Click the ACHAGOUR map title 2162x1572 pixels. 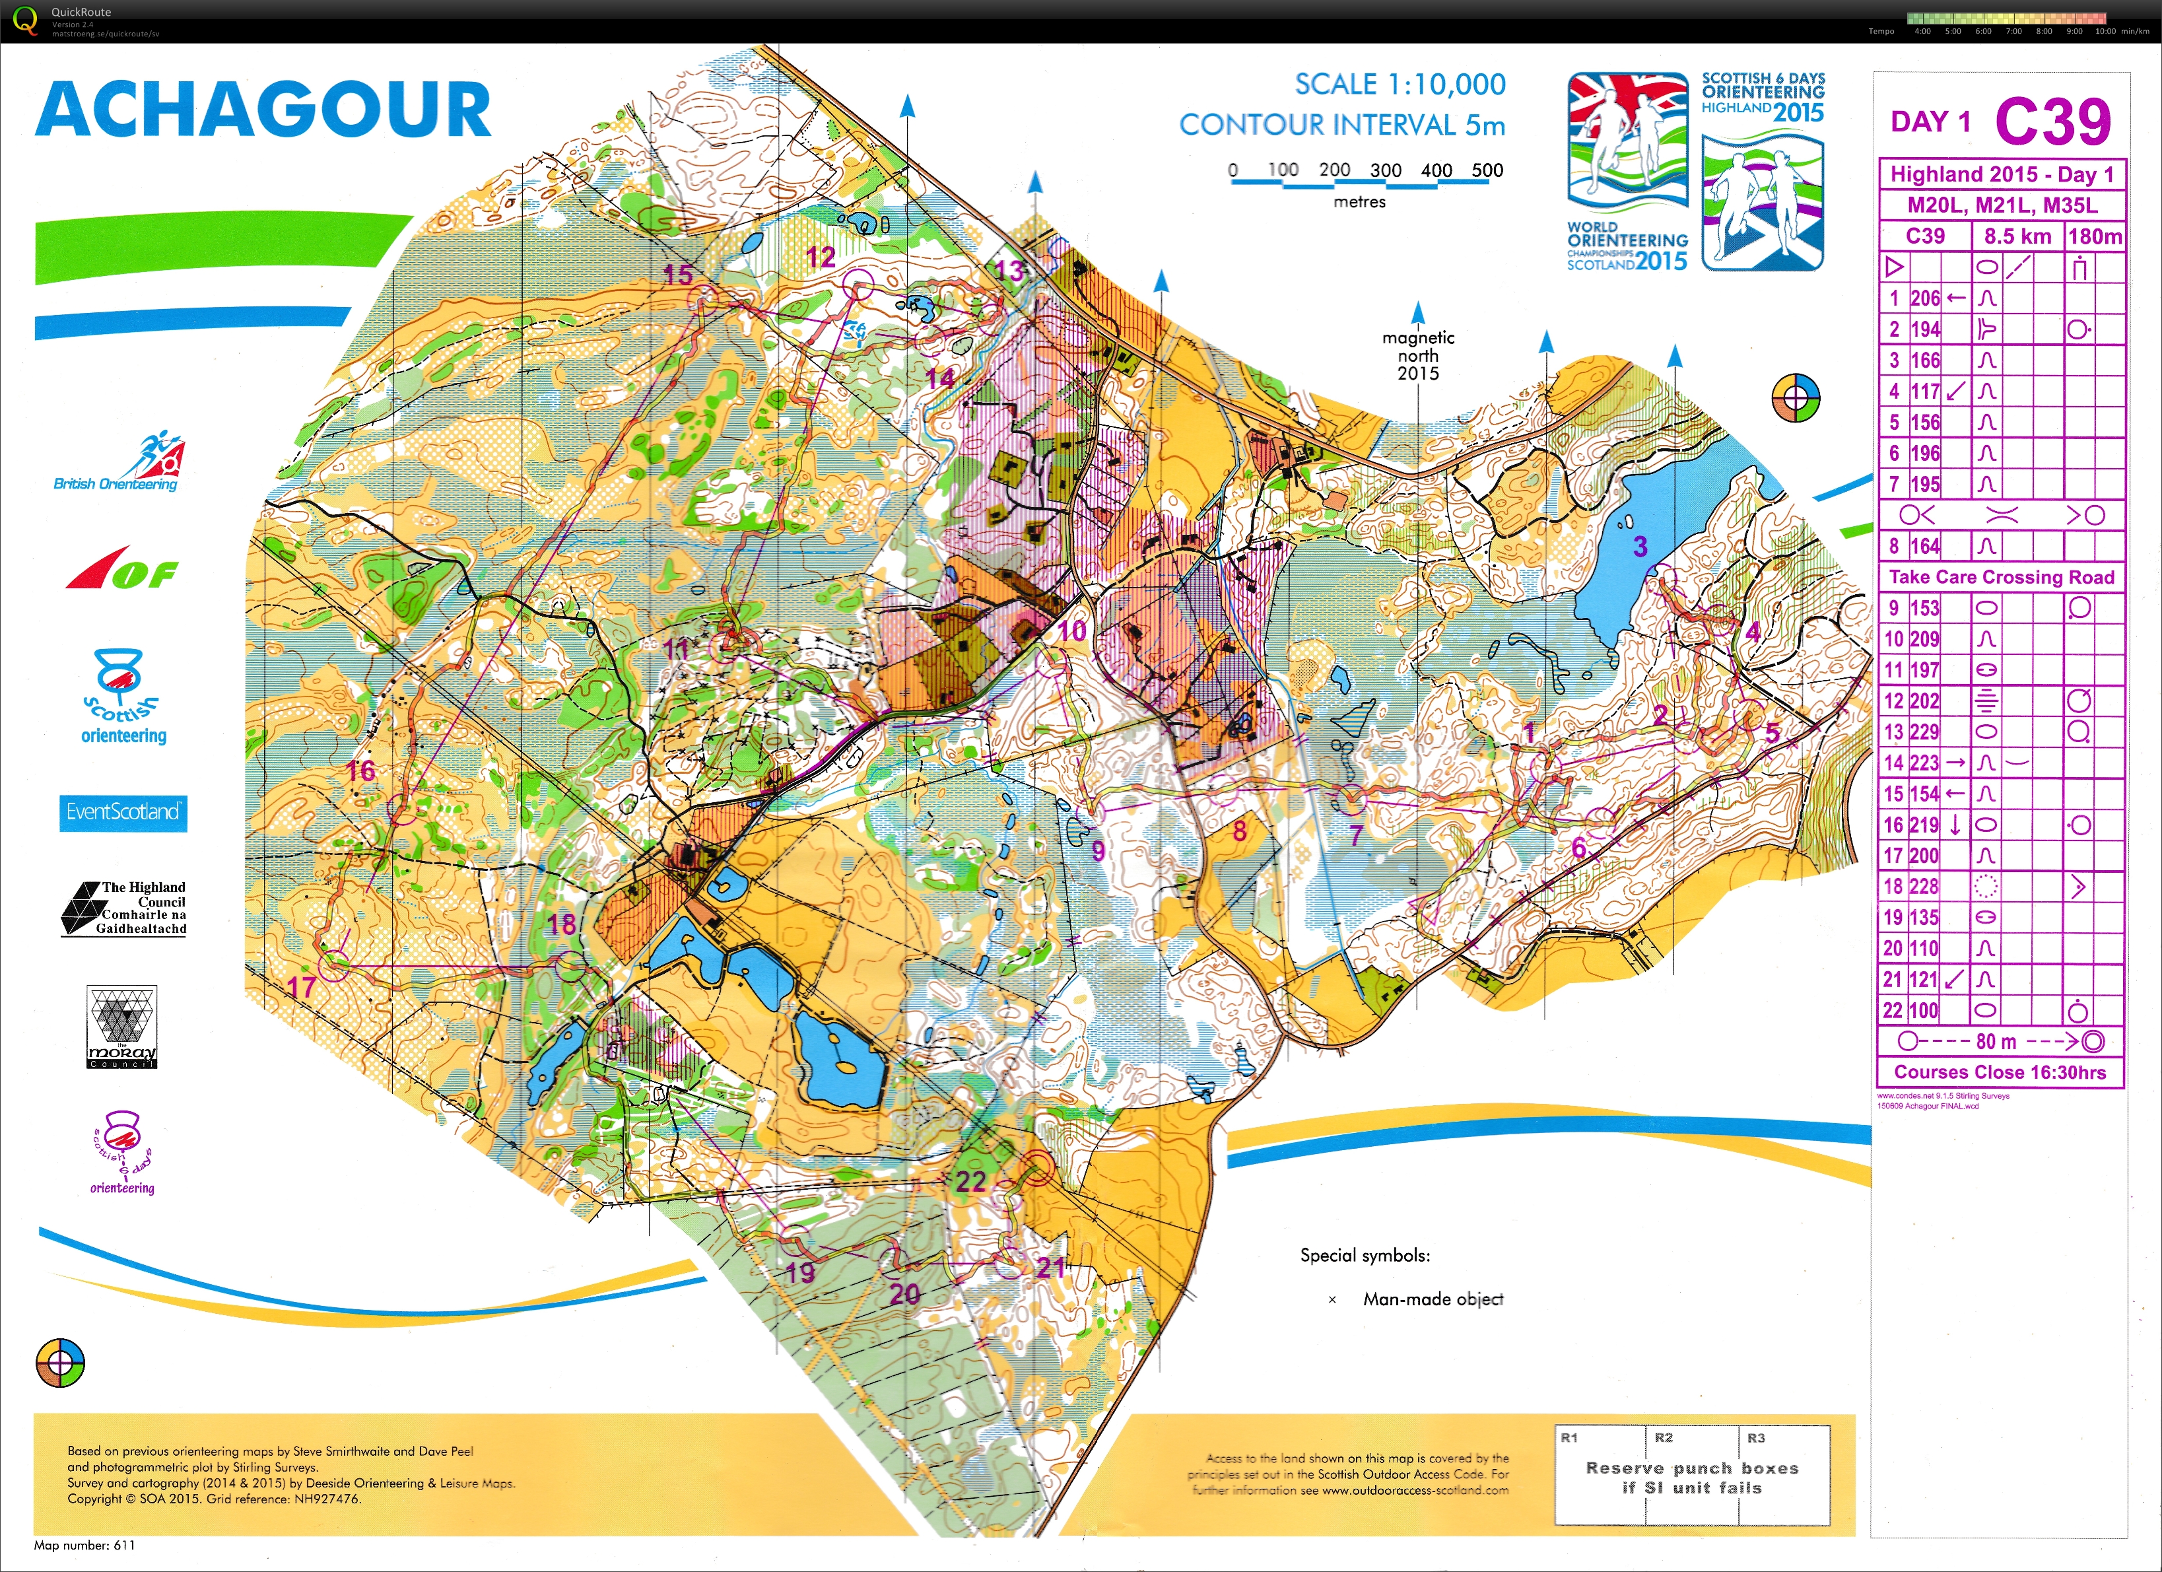point(263,110)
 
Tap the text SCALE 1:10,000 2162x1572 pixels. point(1400,85)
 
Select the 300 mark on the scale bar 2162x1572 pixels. point(1385,170)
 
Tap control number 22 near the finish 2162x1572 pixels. point(970,1182)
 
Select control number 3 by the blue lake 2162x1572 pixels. point(1640,546)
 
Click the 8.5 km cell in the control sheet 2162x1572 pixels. point(2017,236)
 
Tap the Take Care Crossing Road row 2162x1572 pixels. point(2001,577)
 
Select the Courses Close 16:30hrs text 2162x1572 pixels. point(1999,1072)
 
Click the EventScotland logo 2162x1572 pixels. point(123,812)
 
